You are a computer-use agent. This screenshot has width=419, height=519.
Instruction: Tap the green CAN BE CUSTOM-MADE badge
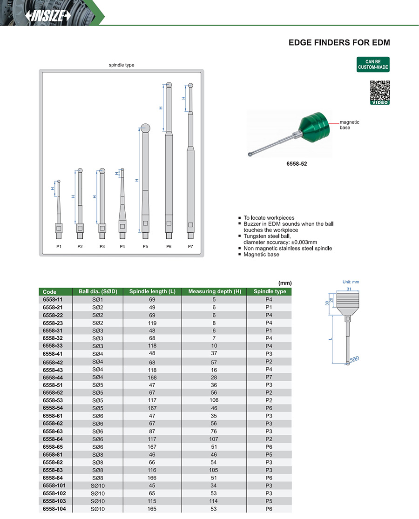(x=373, y=65)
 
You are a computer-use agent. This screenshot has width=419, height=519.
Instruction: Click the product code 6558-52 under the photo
(x=296, y=164)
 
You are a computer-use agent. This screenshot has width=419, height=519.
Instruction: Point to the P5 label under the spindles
(x=145, y=246)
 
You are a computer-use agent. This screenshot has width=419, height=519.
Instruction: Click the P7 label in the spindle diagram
(x=190, y=246)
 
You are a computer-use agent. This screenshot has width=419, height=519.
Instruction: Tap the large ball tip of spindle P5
(x=145, y=128)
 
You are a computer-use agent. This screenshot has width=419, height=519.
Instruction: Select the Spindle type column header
(x=270, y=292)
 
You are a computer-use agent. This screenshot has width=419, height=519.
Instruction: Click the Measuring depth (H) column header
(x=214, y=292)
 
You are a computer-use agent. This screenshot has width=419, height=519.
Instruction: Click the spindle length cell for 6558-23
(x=152, y=323)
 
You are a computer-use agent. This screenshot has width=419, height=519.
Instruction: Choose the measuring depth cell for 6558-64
(x=214, y=439)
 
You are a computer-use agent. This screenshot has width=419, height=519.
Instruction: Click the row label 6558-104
(x=54, y=509)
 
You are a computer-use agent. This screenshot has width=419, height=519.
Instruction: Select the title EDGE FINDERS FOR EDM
(x=339, y=42)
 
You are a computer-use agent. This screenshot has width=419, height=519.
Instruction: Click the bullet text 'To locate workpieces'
(x=269, y=218)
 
